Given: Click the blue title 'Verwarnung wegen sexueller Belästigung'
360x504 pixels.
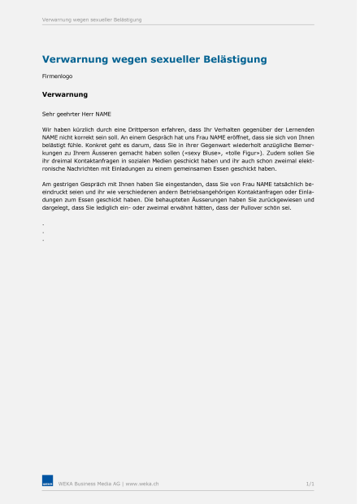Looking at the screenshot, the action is pos(154,59).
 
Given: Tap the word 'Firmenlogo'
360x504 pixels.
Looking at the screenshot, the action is pos(56,76).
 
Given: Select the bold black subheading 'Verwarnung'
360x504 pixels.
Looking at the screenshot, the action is pos(65,94).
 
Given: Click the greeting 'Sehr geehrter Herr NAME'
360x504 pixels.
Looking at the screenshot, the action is pos(76,115).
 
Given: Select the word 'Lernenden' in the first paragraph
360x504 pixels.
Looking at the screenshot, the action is pos(296,130).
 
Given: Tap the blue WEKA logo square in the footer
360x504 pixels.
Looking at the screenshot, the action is pos(47,483).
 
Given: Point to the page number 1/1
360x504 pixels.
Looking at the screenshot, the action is pos(310,484).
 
